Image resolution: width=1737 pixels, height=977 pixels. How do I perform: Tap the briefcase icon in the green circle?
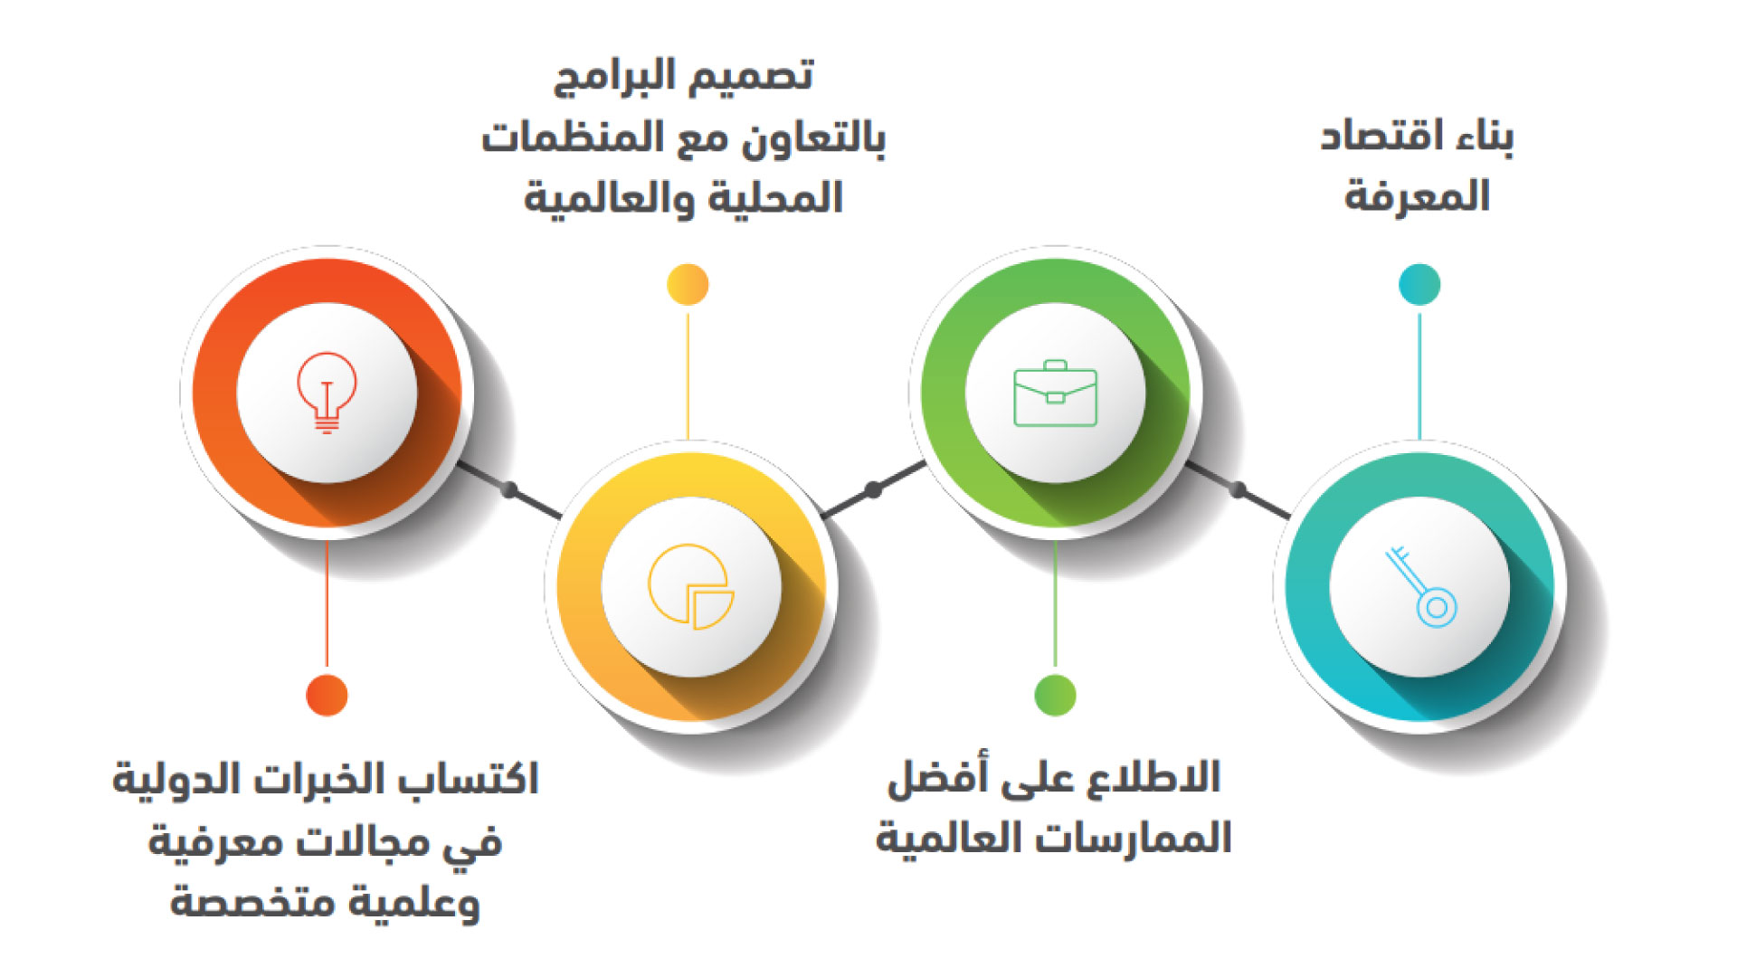(x=1055, y=394)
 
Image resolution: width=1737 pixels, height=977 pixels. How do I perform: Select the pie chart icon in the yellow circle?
(x=691, y=586)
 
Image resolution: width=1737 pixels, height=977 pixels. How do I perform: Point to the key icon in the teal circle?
(x=1420, y=587)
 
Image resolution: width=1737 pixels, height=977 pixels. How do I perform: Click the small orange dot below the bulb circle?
(x=327, y=695)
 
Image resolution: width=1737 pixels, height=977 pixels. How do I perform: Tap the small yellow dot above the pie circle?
(x=688, y=285)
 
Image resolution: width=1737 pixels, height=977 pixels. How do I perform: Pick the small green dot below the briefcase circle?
(x=1055, y=695)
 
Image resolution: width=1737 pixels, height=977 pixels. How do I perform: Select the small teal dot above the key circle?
(x=1419, y=285)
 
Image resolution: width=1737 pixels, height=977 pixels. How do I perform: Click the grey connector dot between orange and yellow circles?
(x=509, y=490)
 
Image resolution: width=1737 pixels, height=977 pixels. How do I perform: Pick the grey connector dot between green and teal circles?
(x=1238, y=490)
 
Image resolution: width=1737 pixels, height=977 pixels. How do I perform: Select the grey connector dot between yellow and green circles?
(x=873, y=490)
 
